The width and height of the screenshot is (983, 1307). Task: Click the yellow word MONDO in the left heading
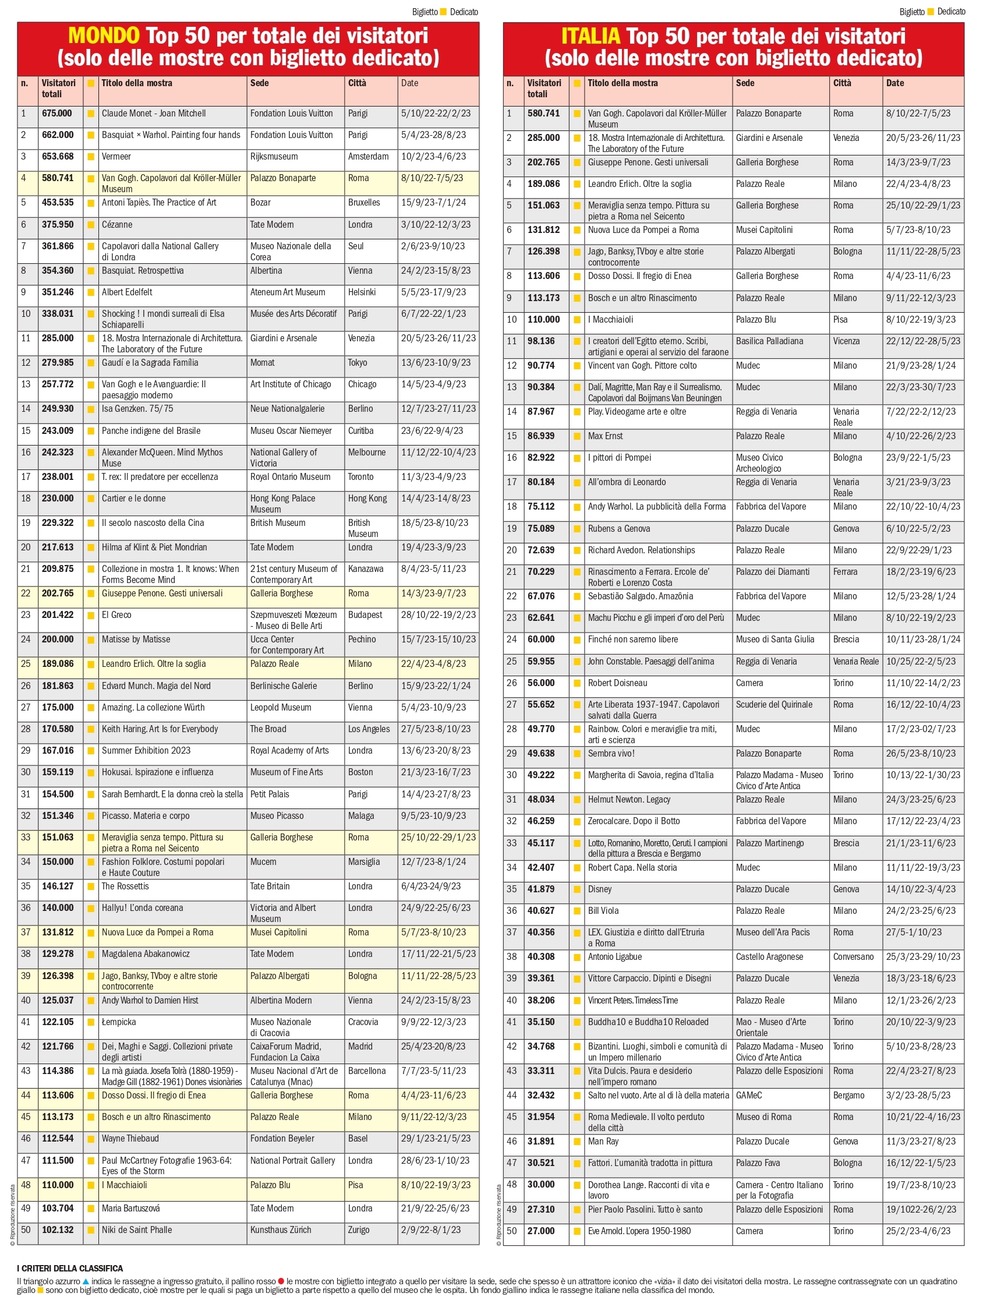point(104,36)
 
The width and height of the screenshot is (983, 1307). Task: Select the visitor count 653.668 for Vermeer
point(57,157)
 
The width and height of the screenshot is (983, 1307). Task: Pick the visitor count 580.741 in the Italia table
point(543,114)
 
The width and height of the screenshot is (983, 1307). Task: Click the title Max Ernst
point(605,436)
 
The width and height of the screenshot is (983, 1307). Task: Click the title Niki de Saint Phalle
point(136,1230)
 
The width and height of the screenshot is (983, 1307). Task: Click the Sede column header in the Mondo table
point(259,83)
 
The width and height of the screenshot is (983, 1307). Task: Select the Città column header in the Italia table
point(842,83)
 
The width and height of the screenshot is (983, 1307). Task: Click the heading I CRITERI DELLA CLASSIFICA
point(70,1269)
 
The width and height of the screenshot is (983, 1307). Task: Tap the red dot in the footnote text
point(281,1281)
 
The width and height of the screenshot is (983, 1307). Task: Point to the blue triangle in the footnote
point(86,1281)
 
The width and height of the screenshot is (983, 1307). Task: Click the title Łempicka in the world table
point(119,1022)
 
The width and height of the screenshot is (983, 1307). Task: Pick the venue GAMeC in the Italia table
point(748,1095)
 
